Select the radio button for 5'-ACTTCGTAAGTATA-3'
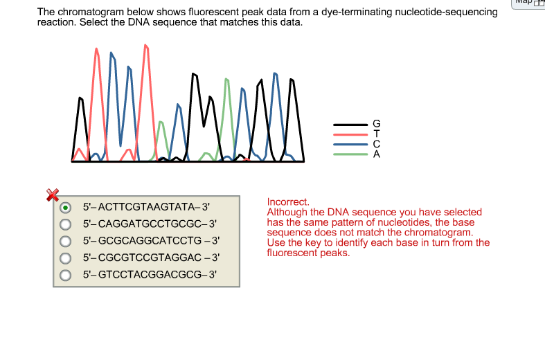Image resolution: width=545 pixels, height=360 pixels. coord(66,207)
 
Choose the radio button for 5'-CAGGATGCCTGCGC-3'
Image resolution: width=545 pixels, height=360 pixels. coord(66,224)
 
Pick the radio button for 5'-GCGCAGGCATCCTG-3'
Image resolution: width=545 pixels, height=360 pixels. coord(66,240)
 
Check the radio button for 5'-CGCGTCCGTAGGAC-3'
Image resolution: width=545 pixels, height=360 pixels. coord(66,257)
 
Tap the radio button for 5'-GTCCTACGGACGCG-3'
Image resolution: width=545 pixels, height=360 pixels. coord(66,273)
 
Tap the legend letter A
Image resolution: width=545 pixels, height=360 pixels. coord(377,154)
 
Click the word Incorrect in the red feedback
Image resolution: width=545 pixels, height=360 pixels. coord(287,202)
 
